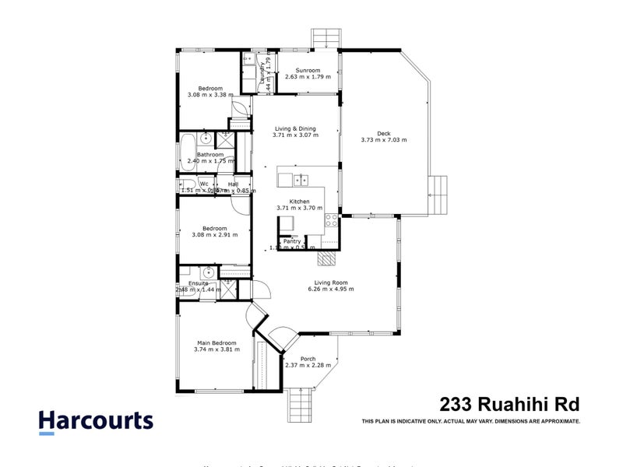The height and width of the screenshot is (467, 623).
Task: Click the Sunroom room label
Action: pyautogui.click(x=308, y=70)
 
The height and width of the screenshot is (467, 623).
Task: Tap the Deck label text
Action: pyautogui.click(x=383, y=133)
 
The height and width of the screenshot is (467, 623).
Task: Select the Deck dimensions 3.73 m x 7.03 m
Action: pyautogui.click(x=383, y=140)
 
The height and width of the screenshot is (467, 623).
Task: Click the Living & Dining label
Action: pyautogui.click(x=297, y=128)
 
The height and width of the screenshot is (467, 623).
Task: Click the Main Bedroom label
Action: pyautogui.click(x=216, y=342)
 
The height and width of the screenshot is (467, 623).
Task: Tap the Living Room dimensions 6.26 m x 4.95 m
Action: pyautogui.click(x=330, y=290)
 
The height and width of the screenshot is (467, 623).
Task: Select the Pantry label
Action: pyautogui.click(x=292, y=241)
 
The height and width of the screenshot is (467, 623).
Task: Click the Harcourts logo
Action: pyautogui.click(x=96, y=421)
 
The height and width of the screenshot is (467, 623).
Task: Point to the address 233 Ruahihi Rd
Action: pyautogui.click(x=510, y=404)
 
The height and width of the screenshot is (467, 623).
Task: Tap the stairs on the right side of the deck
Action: pyautogui.click(x=441, y=195)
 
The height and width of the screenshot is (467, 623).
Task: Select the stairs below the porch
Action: pyautogui.click(x=301, y=405)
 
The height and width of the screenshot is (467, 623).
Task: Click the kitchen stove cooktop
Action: pyautogui.click(x=331, y=219)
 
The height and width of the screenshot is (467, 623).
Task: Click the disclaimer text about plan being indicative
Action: pyautogui.click(x=471, y=421)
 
